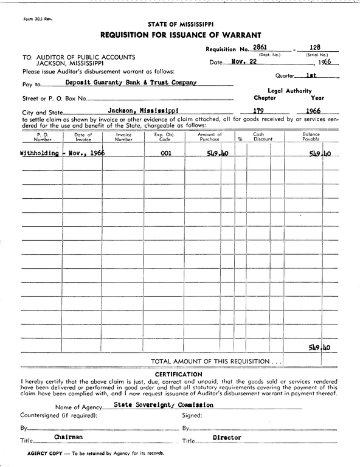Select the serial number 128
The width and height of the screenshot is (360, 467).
point(315,47)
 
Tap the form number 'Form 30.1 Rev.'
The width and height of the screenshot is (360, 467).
point(38,19)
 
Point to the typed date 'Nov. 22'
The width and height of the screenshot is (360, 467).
point(246,61)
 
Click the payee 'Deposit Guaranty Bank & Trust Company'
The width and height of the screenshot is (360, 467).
point(131,82)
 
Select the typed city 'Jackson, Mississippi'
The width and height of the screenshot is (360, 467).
point(143,111)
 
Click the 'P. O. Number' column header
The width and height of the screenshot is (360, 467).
point(42,136)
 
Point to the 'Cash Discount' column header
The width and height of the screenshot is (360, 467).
point(258,136)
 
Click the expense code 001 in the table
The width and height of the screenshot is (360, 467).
point(165,154)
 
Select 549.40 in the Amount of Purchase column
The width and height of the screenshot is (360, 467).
point(216,154)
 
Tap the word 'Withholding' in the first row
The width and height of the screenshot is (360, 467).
point(40,154)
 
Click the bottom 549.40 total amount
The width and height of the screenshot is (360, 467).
point(319,348)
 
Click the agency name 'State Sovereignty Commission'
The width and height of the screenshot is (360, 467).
point(164,404)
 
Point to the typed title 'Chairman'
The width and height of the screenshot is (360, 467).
point(68,437)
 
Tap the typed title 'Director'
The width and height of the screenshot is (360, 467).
point(227,437)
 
